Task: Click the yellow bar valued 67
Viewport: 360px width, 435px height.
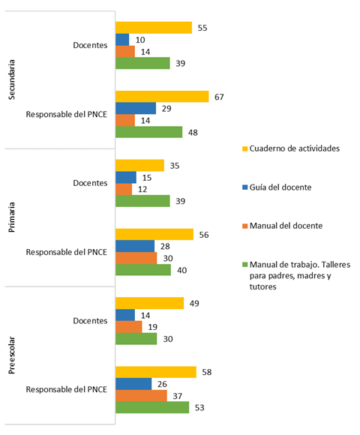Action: pos(161,96)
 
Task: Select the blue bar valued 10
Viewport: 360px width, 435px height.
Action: pos(122,40)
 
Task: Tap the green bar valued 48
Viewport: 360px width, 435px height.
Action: pos(148,132)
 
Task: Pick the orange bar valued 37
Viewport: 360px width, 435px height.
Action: pos(141,396)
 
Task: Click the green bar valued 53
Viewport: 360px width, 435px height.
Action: pos(151,408)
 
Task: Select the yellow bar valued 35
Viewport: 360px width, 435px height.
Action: pos(139,165)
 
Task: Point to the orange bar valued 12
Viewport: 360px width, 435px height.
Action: pos(124,189)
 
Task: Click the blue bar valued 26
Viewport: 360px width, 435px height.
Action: pos(133,384)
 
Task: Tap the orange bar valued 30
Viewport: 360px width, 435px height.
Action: pos(136,258)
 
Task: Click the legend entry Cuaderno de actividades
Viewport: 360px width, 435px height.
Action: pos(294,148)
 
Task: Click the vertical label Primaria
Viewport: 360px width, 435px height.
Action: pos(11,217)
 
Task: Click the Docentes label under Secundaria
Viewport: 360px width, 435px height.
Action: pos(90,46)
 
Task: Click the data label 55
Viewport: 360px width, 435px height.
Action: pos(202,28)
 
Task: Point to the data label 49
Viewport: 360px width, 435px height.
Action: pos(193,303)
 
